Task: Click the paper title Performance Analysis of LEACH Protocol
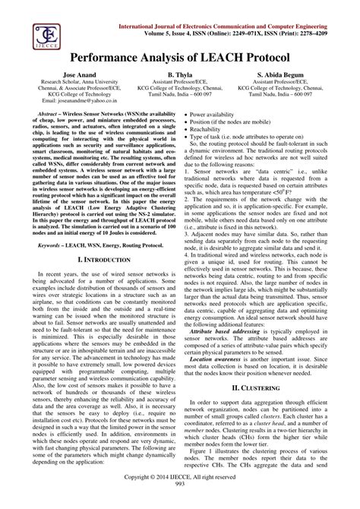179,58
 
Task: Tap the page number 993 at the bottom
180,504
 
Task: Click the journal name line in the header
238,26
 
